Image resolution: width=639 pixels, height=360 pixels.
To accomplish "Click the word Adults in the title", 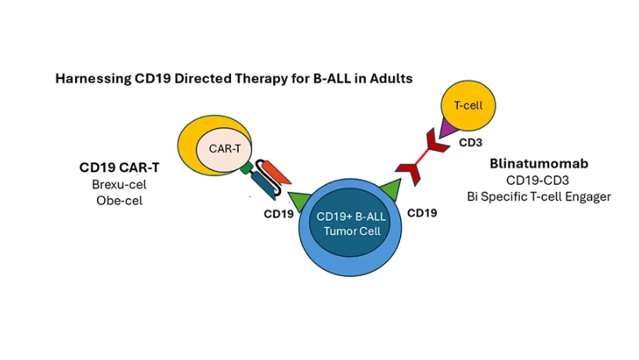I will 392,79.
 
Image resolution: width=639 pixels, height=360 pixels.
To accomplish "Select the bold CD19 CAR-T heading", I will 125,167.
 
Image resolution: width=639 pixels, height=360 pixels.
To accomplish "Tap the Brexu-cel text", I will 125,184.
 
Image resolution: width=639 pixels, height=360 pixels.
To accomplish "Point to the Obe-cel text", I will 125,200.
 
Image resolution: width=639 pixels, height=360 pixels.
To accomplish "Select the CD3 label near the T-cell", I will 470,142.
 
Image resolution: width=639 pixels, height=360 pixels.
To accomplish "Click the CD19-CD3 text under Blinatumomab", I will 539,180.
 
